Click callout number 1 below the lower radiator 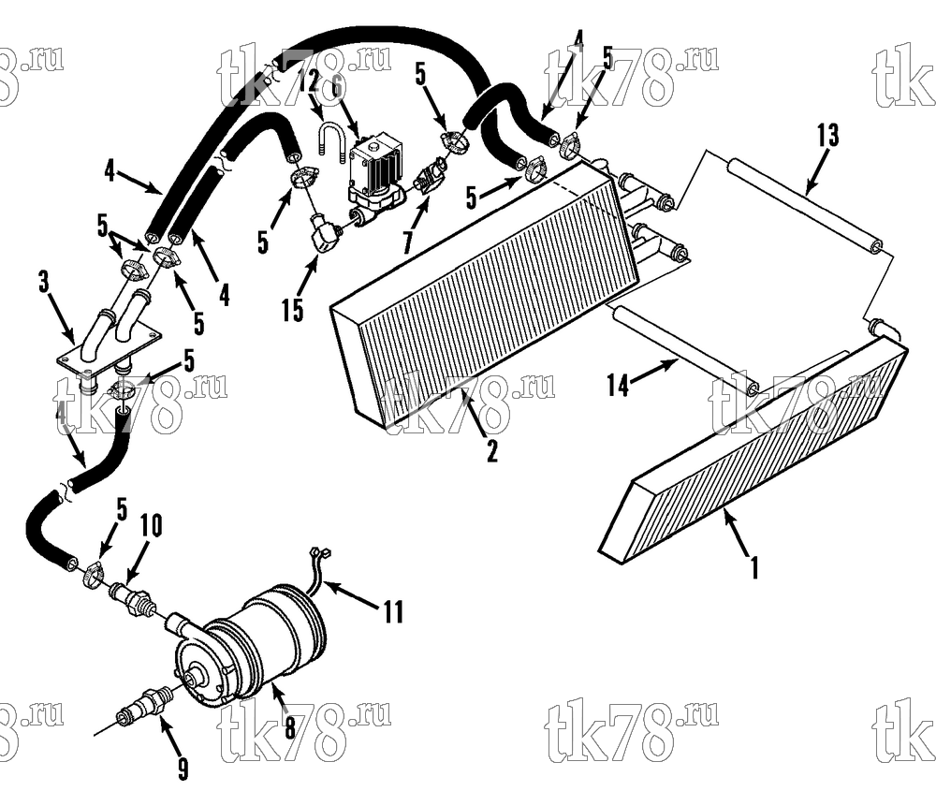[754, 567]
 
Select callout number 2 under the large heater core [491, 451]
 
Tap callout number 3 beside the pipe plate [44, 283]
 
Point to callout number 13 [827, 136]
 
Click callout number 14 [618, 385]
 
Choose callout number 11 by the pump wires [393, 611]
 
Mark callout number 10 [151, 526]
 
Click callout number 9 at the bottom [183, 769]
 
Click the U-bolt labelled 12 [332, 140]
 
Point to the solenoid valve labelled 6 [375, 176]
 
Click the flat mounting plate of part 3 [109, 351]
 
